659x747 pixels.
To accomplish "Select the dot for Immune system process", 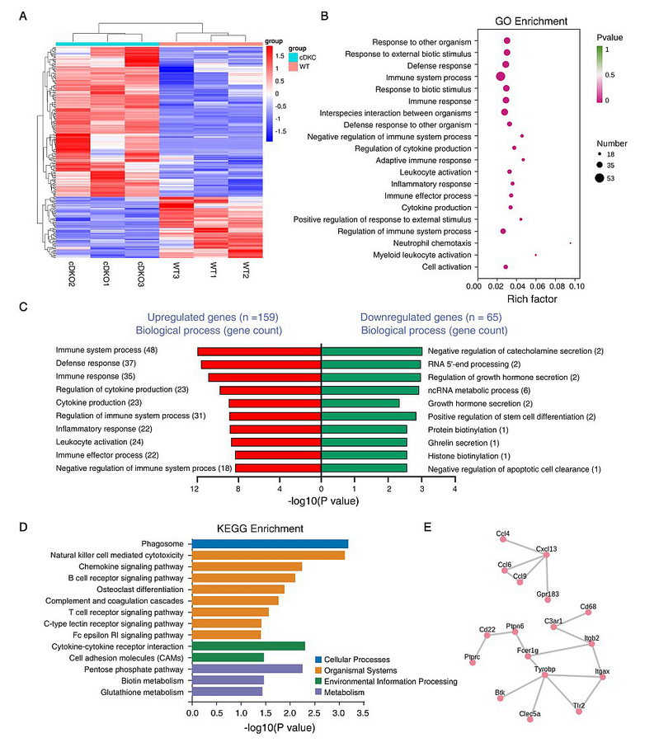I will (501, 77).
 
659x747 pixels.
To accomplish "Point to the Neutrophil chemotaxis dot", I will (570, 243).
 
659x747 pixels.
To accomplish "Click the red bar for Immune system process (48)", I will (259, 352).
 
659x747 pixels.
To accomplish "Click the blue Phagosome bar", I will (270, 543).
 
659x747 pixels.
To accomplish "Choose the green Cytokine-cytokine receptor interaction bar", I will (248, 646).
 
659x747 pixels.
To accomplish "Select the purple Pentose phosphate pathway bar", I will (246, 669).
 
